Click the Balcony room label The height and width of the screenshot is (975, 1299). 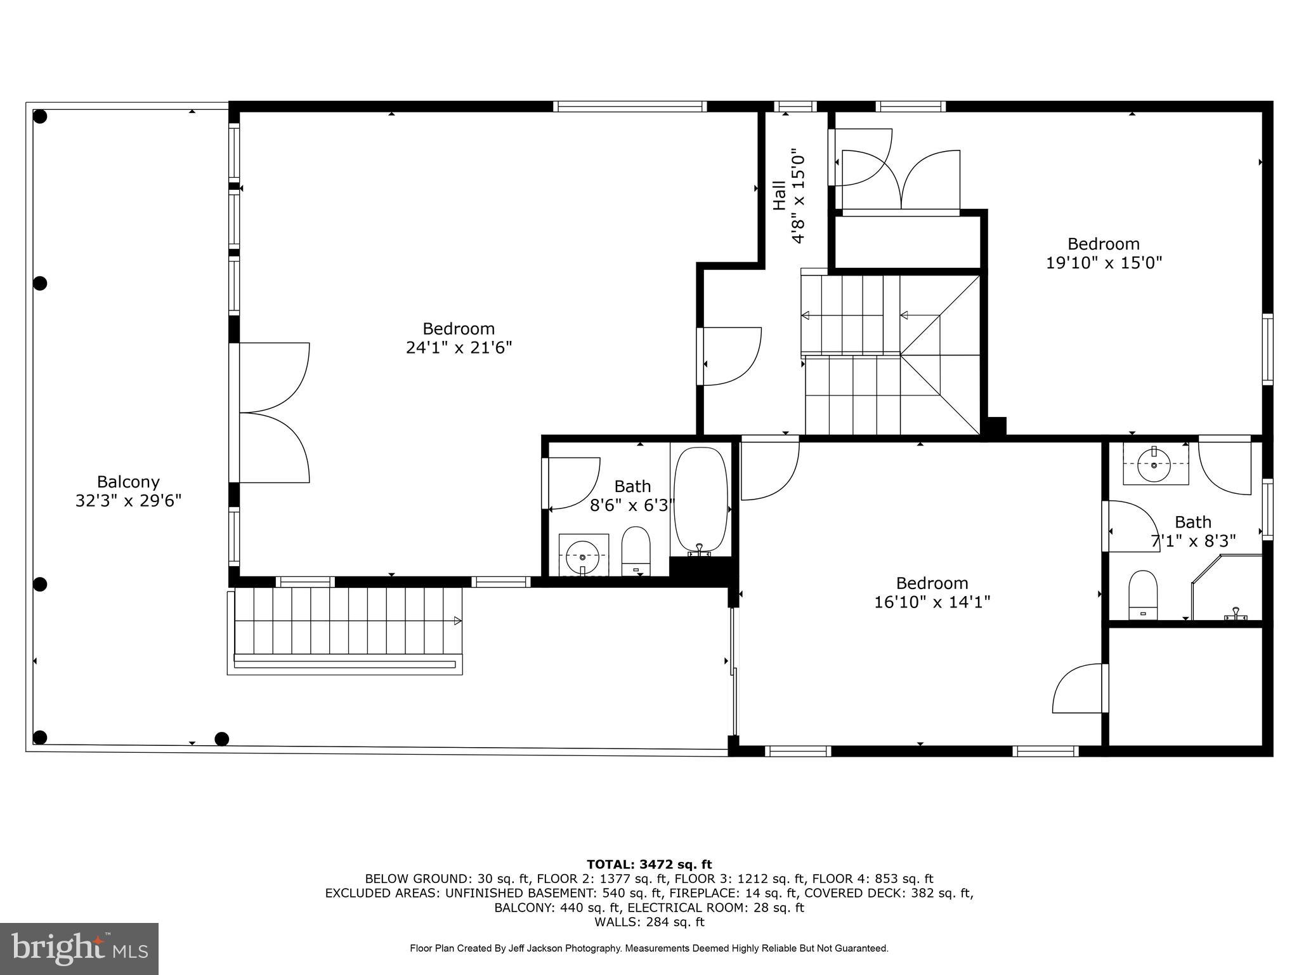click(128, 482)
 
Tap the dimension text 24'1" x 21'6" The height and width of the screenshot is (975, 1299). click(459, 348)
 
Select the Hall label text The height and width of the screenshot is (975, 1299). click(780, 196)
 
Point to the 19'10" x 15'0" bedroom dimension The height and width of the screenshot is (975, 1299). click(1104, 263)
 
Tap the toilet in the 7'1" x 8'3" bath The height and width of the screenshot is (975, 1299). click(1143, 594)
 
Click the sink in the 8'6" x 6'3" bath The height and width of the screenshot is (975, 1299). click(582, 556)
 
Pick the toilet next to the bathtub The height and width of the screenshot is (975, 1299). click(636, 550)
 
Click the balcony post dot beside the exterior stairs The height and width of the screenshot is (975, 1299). click(221, 739)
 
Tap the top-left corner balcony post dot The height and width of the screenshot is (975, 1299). click(40, 117)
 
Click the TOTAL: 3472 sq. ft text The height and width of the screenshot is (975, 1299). click(649, 865)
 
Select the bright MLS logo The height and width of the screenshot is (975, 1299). click(79, 948)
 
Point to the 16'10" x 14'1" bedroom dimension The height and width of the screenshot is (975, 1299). click(932, 602)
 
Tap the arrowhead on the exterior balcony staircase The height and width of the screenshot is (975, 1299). click(457, 621)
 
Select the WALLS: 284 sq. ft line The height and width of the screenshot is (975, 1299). click(649, 922)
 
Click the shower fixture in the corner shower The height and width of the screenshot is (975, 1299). click(1235, 614)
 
